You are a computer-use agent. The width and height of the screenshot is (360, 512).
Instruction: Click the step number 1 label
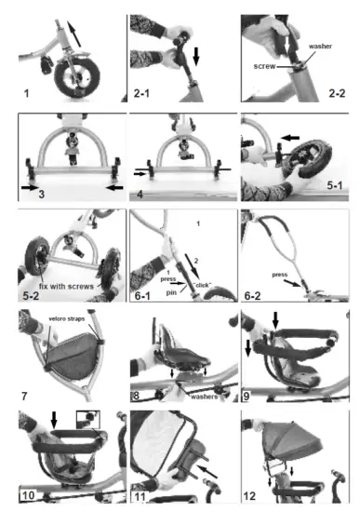pyautogui.click(x=27, y=93)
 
